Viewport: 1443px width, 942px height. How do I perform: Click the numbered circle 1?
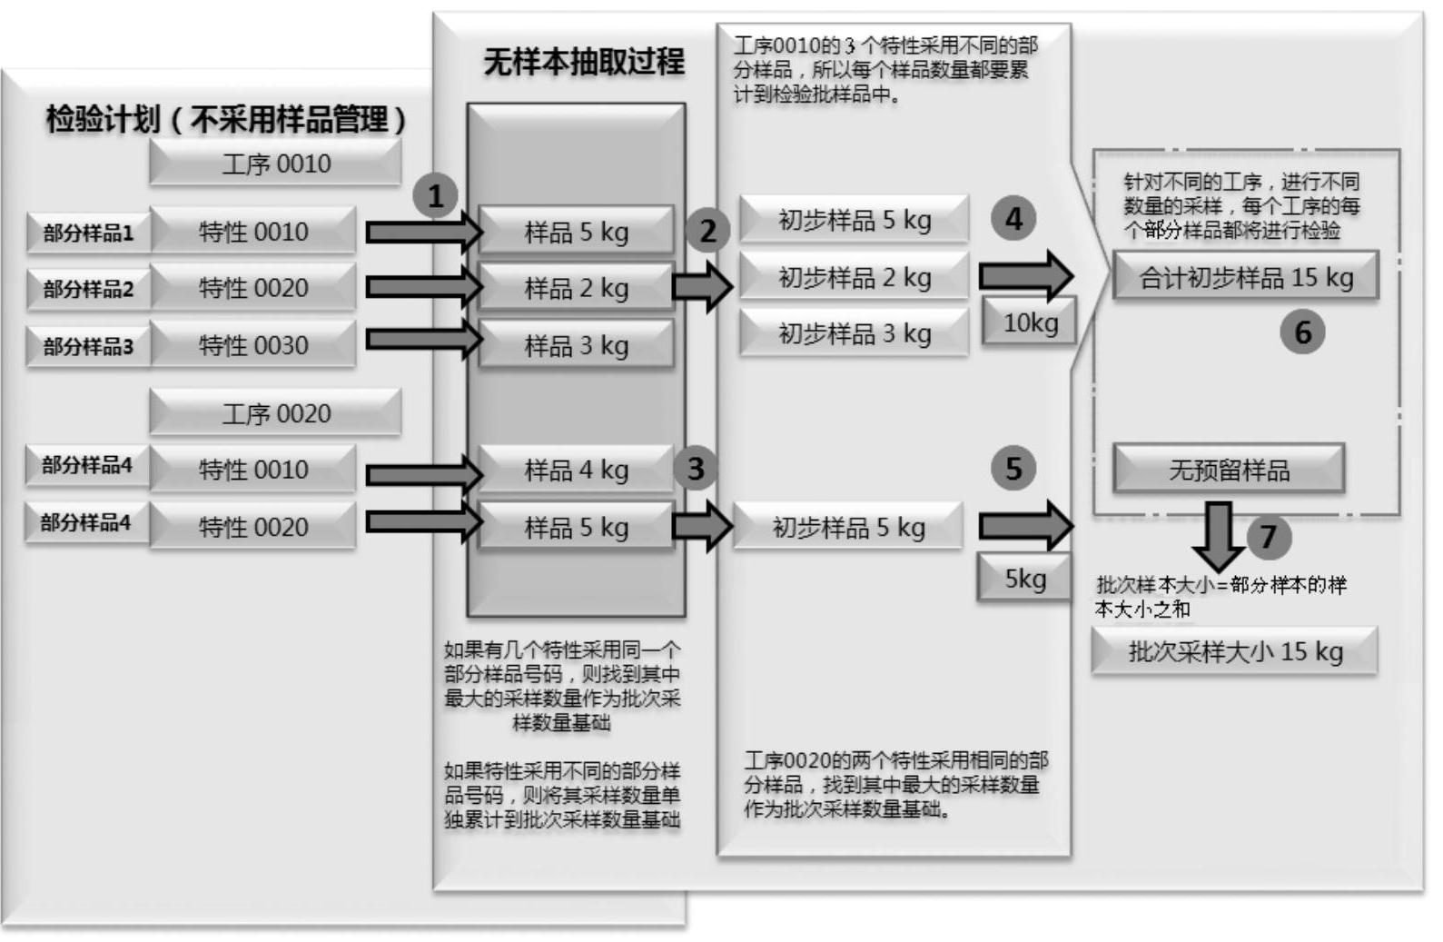pyautogui.click(x=435, y=195)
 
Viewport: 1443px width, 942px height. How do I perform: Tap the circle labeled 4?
pyautogui.click(x=1013, y=219)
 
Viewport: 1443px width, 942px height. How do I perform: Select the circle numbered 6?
pyautogui.click(x=1302, y=332)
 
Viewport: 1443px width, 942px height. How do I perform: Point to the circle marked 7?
pyautogui.click(x=1268, y=537)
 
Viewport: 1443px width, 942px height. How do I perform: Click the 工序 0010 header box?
pyautogui.click(x=275, y=164)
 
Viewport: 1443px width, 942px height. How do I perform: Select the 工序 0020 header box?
pyautogui.click(x=275, y=413)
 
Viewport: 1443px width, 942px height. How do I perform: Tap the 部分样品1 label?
pyautogui.click(x=88, y=233)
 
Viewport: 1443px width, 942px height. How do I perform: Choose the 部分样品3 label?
pyautogui.click(x=88, y=346)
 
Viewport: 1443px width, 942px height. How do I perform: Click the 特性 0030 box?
pyautogui.click(x=253, y=345)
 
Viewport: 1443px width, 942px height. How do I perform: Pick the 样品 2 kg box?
pyautogui.click(x=576, y=288)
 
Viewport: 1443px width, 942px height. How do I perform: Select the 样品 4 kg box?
pyautogui.click(x=576, y=470)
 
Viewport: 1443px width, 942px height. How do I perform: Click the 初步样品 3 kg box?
pyautogui.click(x=854, y=333)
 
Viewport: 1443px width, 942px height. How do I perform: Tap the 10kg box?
pyautogui.click(x=1030, y=322)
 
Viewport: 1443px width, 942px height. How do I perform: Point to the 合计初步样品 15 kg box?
pyautogui.click(x=1245, y=277)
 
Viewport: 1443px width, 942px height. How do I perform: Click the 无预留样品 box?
pyautogui.click(x=1228, y=470)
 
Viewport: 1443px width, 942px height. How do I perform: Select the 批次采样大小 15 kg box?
pyautogui.click(x=1234, y=651)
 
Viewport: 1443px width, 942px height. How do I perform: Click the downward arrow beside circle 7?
pyautogui.click(x=1218, y=537)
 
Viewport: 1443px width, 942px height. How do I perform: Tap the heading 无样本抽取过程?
pyautogui.click(x=583, y=62)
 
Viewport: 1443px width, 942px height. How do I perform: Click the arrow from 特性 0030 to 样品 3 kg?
pyautogui.click(x=423, y=340)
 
